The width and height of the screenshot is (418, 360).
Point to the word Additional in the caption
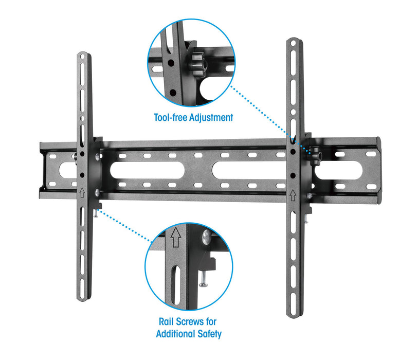tap(175, 334)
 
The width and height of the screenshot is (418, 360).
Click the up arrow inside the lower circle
tap(176, 238)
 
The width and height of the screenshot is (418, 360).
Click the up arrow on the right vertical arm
tap(293, 196)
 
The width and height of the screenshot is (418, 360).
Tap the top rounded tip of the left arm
tap(84, 55)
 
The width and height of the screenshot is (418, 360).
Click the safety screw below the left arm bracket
tap(96, 215)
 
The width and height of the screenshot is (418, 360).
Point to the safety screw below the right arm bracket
tap(305, 219)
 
